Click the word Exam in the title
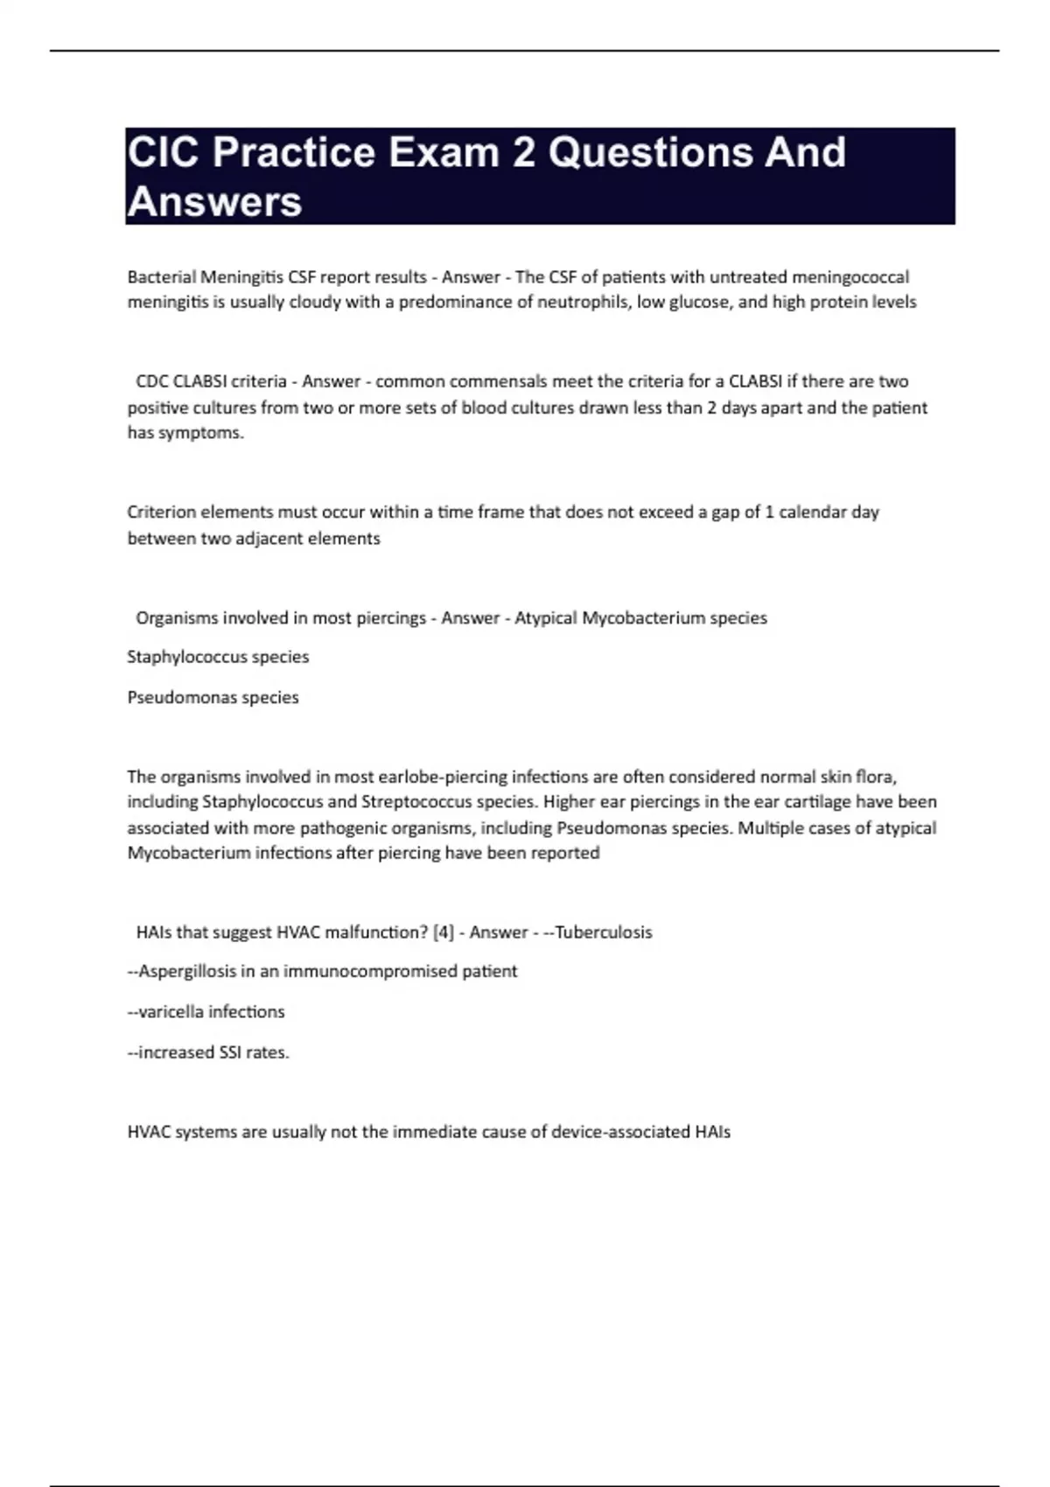(444, 152)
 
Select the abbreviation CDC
(152, 381)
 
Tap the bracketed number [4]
(444, 932)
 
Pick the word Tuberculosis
(604, 932)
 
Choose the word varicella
(171, 1012)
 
